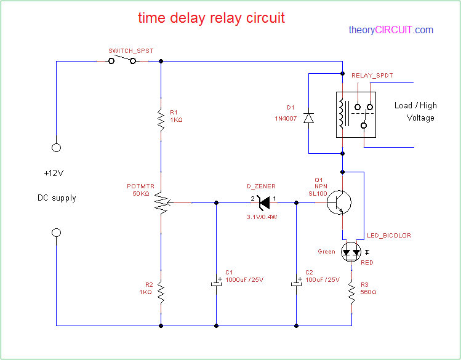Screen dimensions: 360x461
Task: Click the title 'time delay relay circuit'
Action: [x=211, y=18]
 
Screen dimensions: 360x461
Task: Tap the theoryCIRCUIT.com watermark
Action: [x=390, y=30]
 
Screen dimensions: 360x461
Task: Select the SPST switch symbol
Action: [x=122, y=60]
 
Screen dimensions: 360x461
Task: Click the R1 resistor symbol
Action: [x=160, y=116]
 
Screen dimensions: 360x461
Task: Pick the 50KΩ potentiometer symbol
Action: [x=161, y=202]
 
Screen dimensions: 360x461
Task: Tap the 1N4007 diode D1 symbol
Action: [x=309, y=118]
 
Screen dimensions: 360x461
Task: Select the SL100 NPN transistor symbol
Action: [x=339, y=202]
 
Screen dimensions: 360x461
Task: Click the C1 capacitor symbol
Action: [x=216, y=282]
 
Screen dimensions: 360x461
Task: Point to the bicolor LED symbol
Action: [x=351, y=252]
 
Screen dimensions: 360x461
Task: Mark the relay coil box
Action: [x=342, y=114]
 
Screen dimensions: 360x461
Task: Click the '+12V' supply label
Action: [x=54, y=173]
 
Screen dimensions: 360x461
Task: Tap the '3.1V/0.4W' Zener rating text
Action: [x=261, y=217]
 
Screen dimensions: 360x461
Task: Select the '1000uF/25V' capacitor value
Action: [x=244, y=280]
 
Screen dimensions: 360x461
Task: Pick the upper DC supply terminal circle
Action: [x=56, y=148]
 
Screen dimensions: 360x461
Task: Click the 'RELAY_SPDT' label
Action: [x=372, y=76]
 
